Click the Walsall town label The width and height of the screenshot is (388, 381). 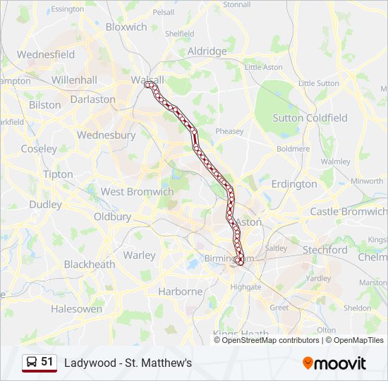(147, 79)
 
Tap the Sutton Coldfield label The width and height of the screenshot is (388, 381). (310, 118)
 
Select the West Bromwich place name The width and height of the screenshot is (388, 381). (137, 191)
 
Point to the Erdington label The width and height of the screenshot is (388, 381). (294, 184)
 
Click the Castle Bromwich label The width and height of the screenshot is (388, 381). (348, 211)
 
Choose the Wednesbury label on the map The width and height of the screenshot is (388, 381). (106, 135)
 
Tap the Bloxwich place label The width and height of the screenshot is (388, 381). (126, 27)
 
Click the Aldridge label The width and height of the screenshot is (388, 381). (207, 52)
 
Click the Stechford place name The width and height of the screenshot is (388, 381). (325, 250)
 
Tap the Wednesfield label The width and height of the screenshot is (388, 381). (46, 54)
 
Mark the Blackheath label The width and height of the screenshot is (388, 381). (90, 265)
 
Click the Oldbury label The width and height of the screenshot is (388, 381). (112, 217)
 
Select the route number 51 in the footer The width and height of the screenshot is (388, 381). (47, 362)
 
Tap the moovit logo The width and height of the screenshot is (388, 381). (334, 363)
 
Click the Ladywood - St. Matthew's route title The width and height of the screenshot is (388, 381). (128, 363)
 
